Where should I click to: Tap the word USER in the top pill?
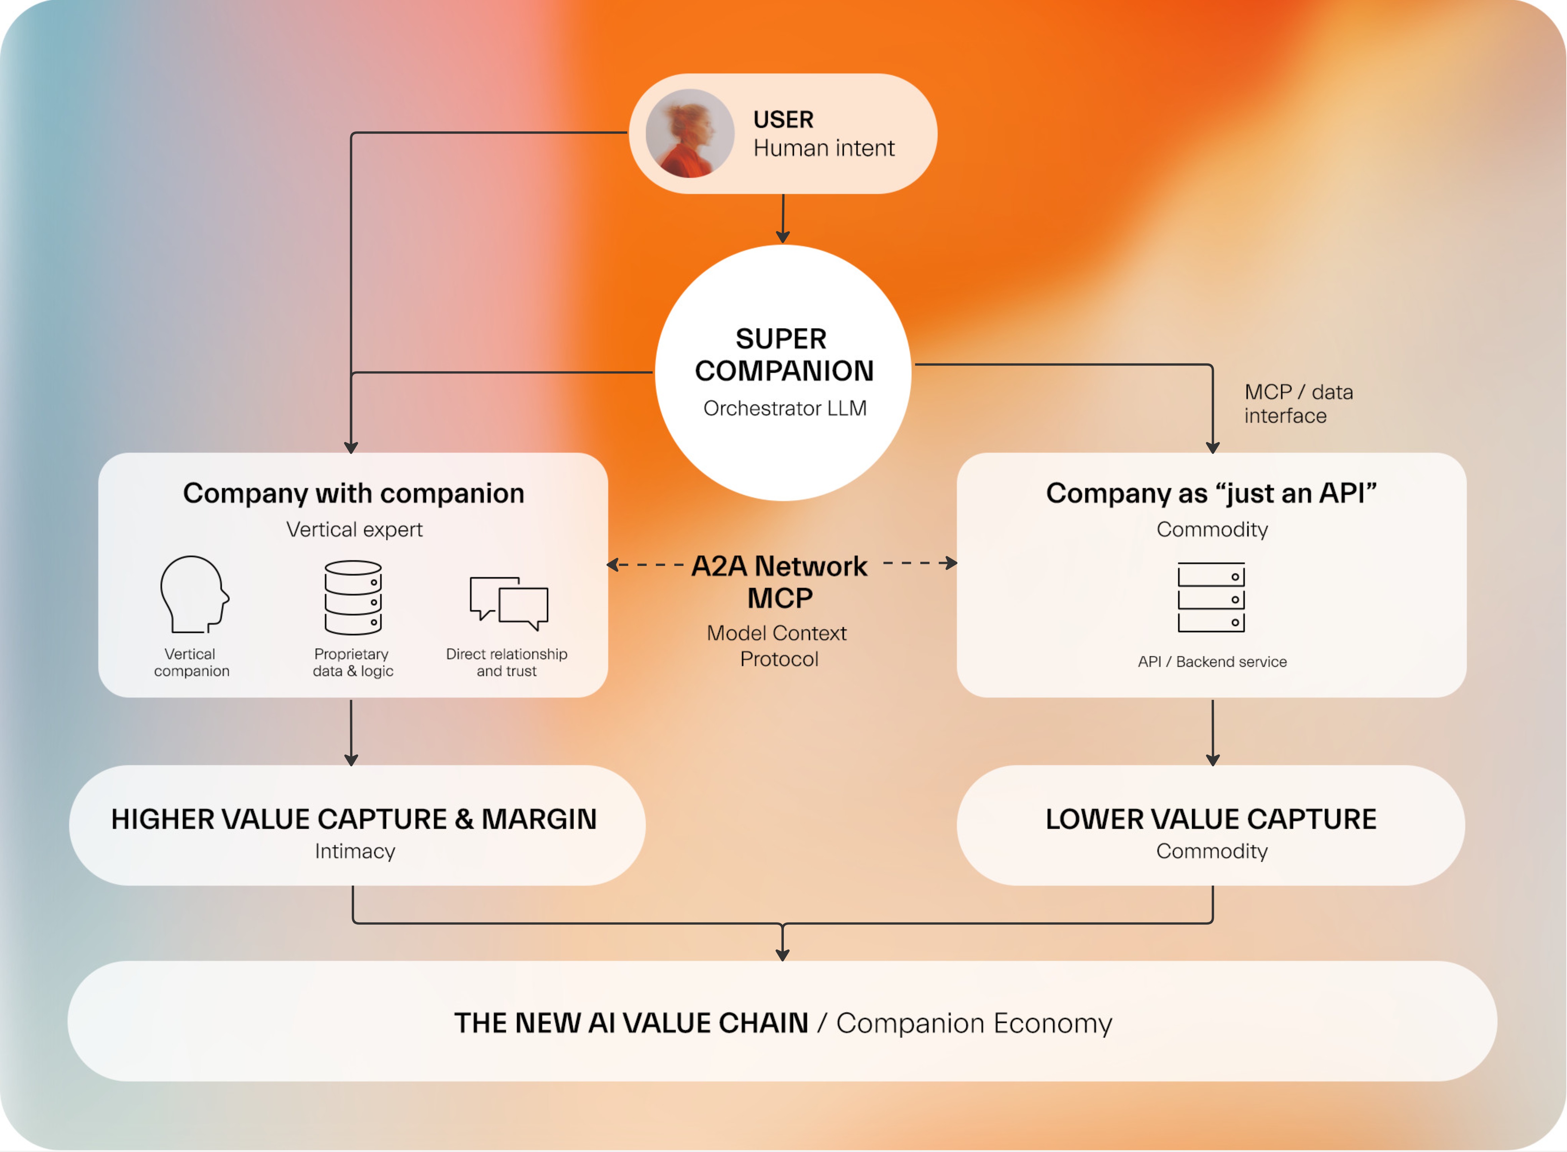783,119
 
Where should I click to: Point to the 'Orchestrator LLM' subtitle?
785,408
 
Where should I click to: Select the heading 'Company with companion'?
353,493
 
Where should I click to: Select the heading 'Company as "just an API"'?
1211,493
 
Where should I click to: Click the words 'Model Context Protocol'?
777,646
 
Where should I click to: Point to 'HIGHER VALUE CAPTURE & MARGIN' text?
353,819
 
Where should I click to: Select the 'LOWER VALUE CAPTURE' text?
1211,819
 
